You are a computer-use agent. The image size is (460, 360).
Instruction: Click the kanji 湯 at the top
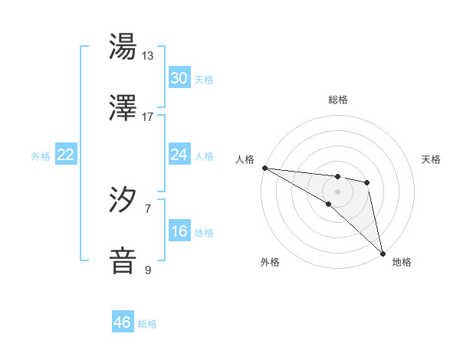123,47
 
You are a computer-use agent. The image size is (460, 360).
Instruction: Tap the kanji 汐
123,200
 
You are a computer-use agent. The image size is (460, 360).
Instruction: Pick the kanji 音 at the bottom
123,260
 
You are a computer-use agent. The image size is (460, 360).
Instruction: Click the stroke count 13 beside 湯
148,56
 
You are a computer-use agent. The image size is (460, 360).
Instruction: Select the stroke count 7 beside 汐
148,208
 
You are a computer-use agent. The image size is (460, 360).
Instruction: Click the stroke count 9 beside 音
148,270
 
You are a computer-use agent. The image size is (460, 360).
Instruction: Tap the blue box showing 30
179,78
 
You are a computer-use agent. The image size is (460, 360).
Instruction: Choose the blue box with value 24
179,155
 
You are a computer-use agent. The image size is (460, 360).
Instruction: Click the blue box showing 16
179,231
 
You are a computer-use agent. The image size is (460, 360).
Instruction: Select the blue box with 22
66,155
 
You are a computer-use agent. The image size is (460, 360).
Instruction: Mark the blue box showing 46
123,322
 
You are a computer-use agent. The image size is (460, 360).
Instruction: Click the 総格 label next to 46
148,324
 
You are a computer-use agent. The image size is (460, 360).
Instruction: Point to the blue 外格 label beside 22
41,156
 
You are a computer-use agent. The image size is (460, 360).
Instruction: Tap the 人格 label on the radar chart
245,159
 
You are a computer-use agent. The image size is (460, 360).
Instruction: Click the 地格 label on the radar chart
402,262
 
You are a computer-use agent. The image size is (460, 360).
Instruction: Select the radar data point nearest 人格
264,168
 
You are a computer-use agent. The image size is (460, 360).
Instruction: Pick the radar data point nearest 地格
382,253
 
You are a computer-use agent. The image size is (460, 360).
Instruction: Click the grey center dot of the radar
337,191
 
